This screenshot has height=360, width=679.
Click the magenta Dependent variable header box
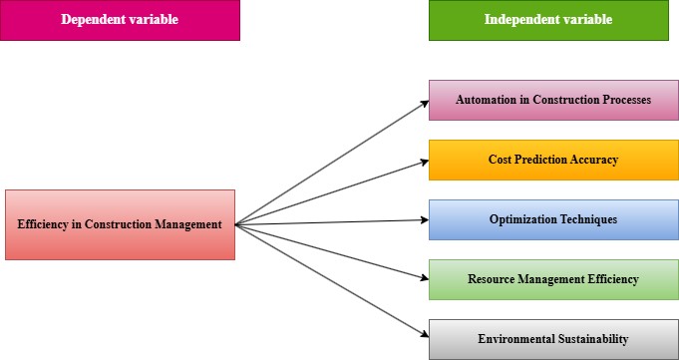(120, 20)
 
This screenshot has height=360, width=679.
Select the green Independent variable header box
(548, 20)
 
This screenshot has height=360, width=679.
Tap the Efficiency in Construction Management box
(120, 224)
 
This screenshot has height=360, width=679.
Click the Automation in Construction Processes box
(553, 100)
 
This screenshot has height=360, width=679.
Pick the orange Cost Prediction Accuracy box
(553, 160)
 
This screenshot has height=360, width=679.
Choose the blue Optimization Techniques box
(553, 219)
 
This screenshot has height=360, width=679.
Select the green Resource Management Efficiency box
(553, 279)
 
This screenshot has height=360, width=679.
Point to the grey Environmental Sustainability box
(553, 339)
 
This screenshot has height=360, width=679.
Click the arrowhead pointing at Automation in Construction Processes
(423, 103)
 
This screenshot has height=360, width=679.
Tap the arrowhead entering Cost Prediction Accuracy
(423, 162)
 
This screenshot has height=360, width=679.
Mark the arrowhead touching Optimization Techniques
(423, 220)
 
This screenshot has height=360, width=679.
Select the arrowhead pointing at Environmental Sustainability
(423, 337)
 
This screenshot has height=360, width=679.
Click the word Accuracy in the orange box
(595, 160)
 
